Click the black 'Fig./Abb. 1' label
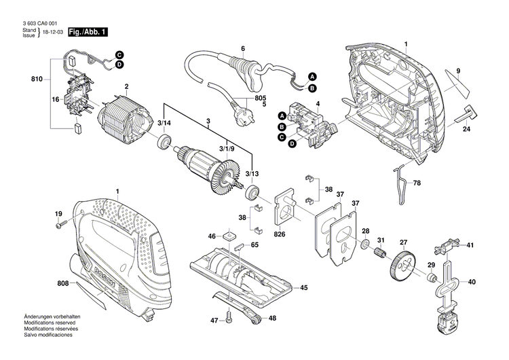tap(86, 33)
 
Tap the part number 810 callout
tap(37, 80)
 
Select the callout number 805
tap(260, 98)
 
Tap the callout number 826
tap(279, 236)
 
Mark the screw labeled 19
tap(62, 224)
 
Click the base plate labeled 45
tap(244, 275)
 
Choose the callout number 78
tap(417, 184)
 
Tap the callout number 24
tap(467, 129)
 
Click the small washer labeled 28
tap(364, 244)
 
